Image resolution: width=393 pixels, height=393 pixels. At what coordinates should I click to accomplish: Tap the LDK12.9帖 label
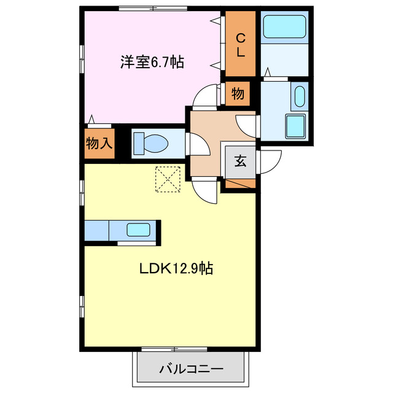[175, 268]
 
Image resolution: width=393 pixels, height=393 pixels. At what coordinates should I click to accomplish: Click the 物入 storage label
[99, 144]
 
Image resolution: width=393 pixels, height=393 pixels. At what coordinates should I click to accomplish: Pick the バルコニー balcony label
[191, 370]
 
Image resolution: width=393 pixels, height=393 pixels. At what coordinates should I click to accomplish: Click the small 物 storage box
[238, 95]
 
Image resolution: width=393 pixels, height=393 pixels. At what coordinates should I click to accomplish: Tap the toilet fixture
[151, 144]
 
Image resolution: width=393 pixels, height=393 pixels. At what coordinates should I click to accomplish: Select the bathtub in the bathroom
[284, 28]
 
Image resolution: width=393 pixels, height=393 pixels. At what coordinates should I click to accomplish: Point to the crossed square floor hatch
[166, 179]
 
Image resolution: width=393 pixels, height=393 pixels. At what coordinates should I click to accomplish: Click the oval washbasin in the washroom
[299, 97]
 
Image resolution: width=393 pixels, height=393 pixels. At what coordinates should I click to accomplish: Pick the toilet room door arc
[198, 146]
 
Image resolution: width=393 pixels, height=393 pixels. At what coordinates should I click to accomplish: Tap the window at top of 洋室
[152, 9]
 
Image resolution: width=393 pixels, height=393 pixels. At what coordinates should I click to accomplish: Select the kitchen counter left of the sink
[97, 232]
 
